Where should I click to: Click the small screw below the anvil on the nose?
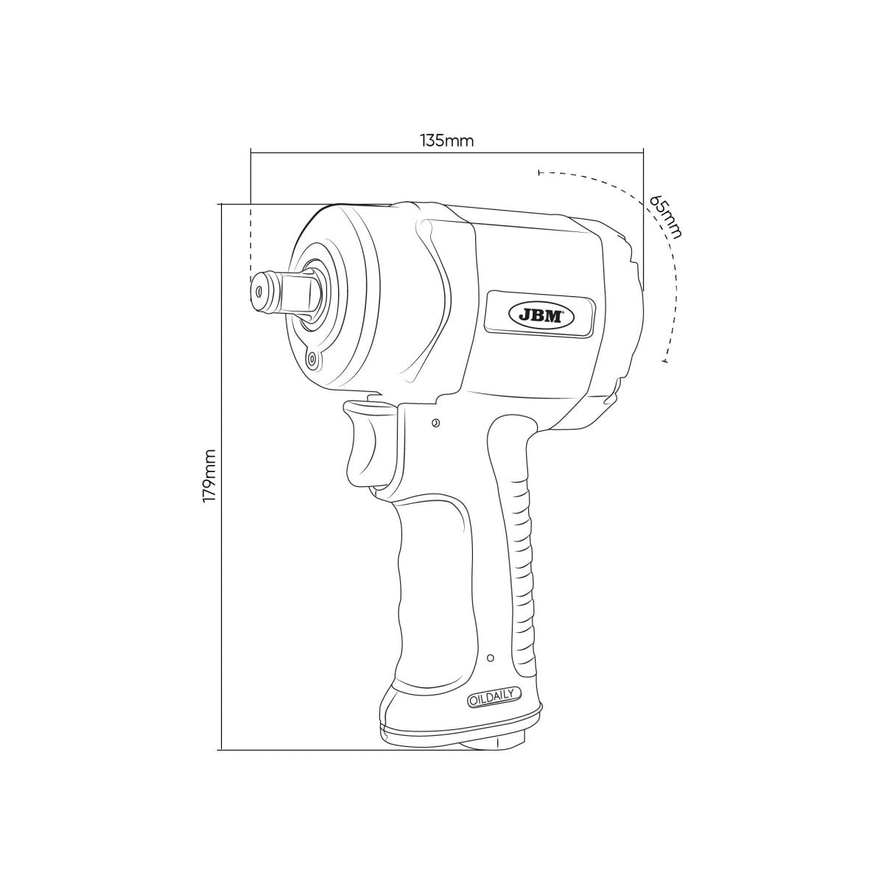tap(312, 359)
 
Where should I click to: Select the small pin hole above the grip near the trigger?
tap(435, 423)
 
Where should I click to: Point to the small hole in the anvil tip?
tap(259, 292)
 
